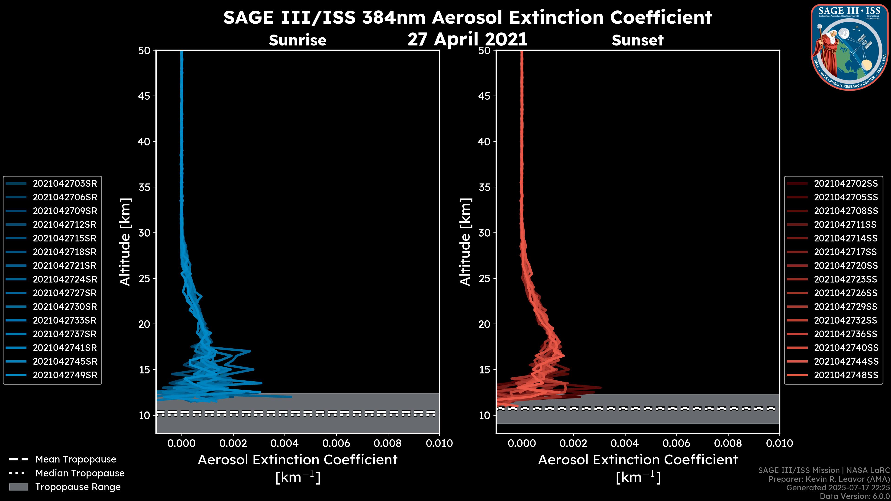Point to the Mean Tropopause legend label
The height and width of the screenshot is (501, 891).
[x=76, y=459]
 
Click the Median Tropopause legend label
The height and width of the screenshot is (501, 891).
[x=80, y=473]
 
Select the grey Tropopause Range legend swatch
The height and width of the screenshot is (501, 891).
[x=18, y=487]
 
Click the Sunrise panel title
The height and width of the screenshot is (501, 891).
[x=297, y=40]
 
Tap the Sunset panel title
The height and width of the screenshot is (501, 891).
[x=637, y=40]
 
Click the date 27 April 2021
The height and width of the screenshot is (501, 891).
[x=467, y=39]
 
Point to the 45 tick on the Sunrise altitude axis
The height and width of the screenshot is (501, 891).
[x=144, y=96]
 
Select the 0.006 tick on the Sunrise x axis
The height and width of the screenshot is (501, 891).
[x=336, y=443]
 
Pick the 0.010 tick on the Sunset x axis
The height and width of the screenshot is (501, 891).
[x=779, y=443]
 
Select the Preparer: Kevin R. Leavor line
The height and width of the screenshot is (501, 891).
[x=829, y=479]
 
